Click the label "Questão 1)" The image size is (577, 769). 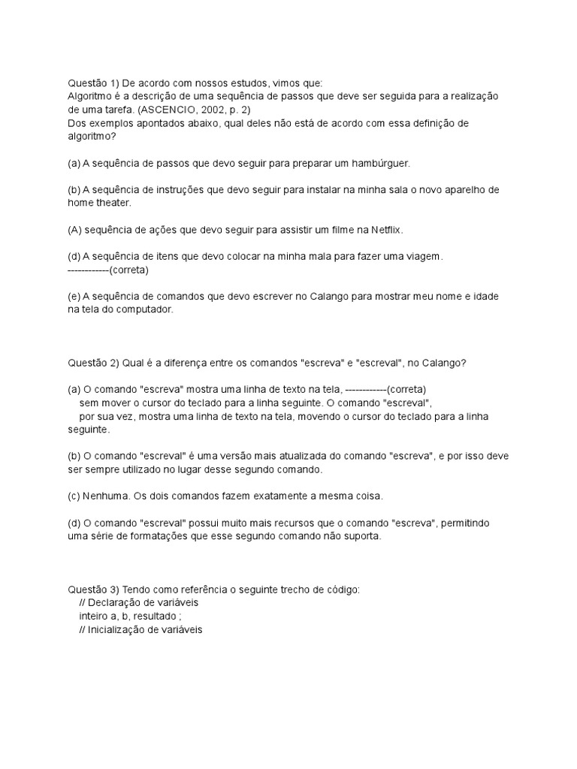(x=92, y=83)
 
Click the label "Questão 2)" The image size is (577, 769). (x=92, y=363)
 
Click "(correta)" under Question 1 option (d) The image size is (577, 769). (x=129, y=269)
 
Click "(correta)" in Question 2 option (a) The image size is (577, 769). (x=406, y=389)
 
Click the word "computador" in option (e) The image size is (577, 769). (x=148, y=309)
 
